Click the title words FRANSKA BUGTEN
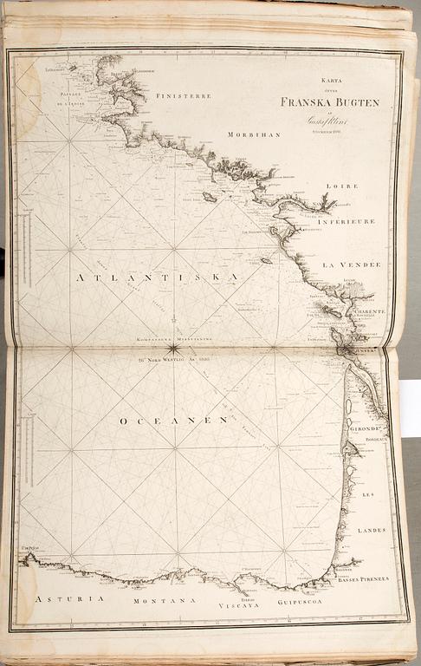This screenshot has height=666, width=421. pos(329,101)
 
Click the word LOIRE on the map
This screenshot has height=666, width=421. pos(342,186)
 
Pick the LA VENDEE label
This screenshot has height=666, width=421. pos(351,263)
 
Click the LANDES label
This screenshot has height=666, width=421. pos(372,529)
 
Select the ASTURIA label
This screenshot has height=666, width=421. pos(68,598)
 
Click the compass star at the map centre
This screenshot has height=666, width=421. pos(174,349)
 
